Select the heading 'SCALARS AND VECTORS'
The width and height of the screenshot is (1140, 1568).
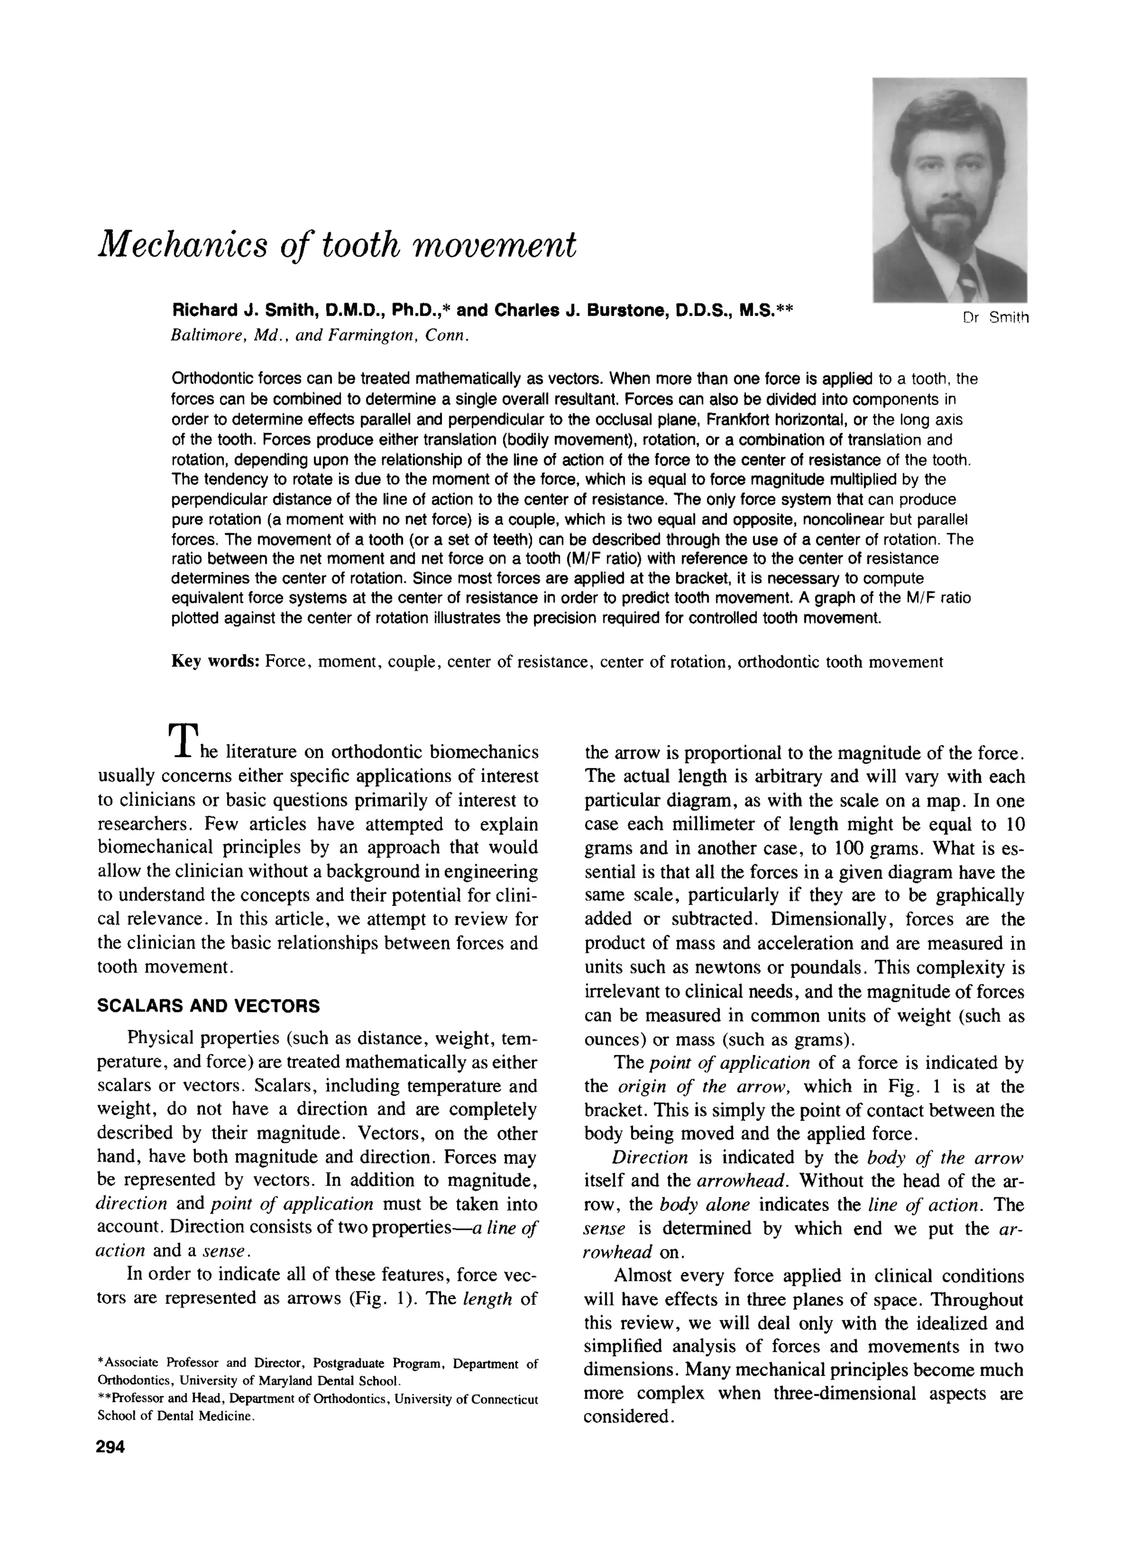click(209, 1007)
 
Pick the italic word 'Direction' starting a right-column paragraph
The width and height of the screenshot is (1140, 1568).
click(650, 1158)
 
